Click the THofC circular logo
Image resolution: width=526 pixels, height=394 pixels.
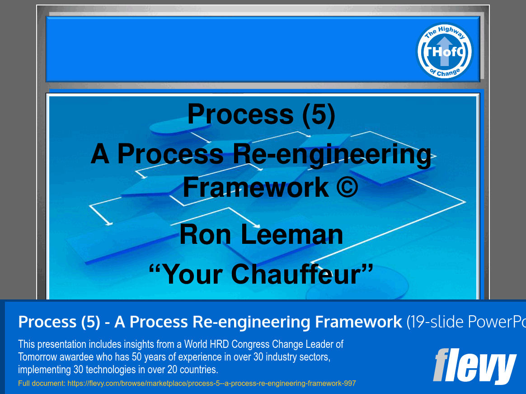coord(444,51)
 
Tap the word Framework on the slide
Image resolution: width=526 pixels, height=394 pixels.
coord(256,187)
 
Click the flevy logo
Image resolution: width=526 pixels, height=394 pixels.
coord(474,366)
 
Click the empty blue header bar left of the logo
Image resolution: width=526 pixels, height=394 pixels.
coord(226,49)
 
